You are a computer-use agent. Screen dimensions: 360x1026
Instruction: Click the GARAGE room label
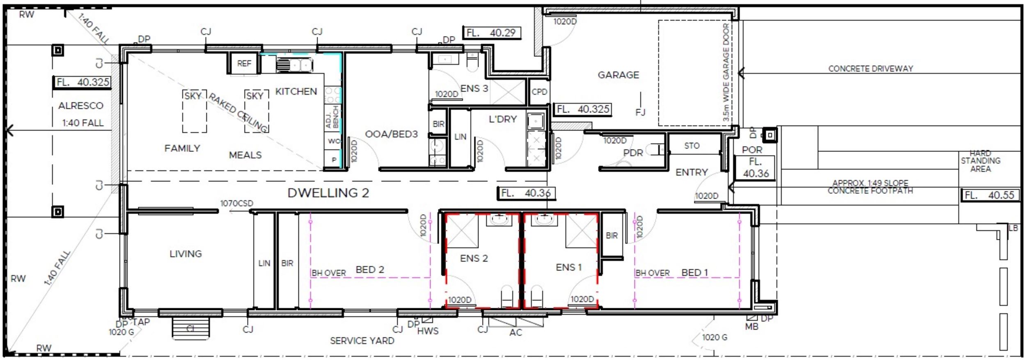point(618,75)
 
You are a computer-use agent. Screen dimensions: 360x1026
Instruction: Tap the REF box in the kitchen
point(244,64)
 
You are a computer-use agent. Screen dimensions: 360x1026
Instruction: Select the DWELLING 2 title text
point(328,193)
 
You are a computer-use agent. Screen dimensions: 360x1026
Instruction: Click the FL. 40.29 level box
point(492,33)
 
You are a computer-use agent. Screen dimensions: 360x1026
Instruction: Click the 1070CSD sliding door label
point(236,203)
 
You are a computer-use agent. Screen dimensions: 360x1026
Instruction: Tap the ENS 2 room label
point(474,258)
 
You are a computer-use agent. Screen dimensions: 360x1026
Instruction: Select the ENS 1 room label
point(568,267)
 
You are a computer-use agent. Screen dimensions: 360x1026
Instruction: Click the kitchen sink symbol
point(294,65)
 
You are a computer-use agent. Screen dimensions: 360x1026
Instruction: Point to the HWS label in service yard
point(428,331)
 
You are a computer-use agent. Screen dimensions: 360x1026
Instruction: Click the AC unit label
point(515,332)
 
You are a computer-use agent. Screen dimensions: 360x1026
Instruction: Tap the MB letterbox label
point(751,327)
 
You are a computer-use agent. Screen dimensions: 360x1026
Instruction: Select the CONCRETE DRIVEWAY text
point(870,69)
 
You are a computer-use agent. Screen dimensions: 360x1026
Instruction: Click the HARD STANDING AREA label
point(980,161)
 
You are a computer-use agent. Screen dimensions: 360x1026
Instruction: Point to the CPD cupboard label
point(539,92)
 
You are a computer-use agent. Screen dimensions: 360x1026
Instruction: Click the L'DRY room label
point(502,119)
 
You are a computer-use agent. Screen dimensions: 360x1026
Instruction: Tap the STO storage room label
point(692,146)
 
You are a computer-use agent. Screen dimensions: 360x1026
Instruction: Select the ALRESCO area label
point(80,106)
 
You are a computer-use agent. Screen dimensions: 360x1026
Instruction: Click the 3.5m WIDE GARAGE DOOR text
point(726,72)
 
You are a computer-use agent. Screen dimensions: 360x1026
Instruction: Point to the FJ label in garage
point(640,112)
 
